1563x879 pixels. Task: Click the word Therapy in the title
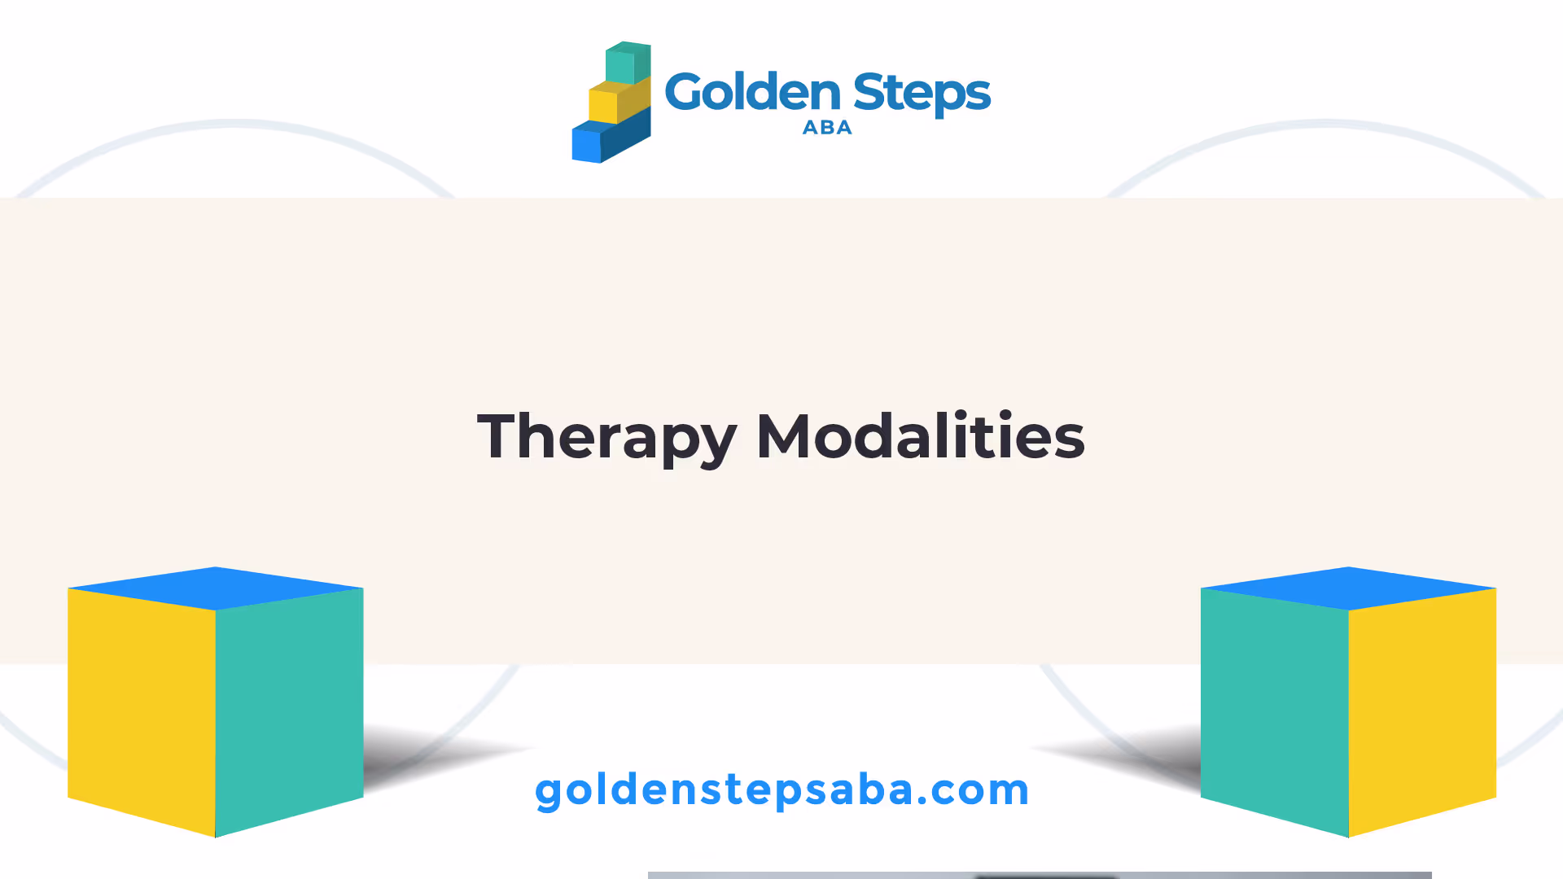click(x=607, y=438)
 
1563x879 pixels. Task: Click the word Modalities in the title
click(x=921, y=436)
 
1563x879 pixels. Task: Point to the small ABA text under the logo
click(x=827, y=127)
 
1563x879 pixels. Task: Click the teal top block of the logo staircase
click(x=628, y=63)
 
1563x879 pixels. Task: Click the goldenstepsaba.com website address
click(x=782, y=790)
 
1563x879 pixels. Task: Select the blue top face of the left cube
click(x=216, y=588)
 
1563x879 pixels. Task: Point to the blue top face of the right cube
click(x=1349, y=588)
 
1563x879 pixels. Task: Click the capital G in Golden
click(x=685, y=91)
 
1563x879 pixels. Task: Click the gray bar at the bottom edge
click(x=1040, y=876)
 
